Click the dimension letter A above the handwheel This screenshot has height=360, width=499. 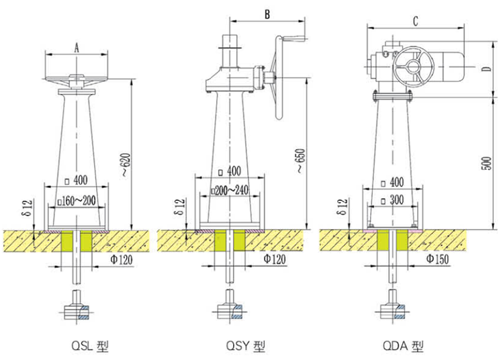pos(77,48)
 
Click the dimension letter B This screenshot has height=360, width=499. pos(267,13)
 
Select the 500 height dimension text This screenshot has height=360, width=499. pos(489,163)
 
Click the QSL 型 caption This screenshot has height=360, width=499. pos(89,347)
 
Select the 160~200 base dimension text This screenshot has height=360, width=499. pos(78,200)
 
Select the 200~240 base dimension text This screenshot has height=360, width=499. pos(230,191)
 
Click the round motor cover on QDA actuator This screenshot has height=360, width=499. pos(411,68)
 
